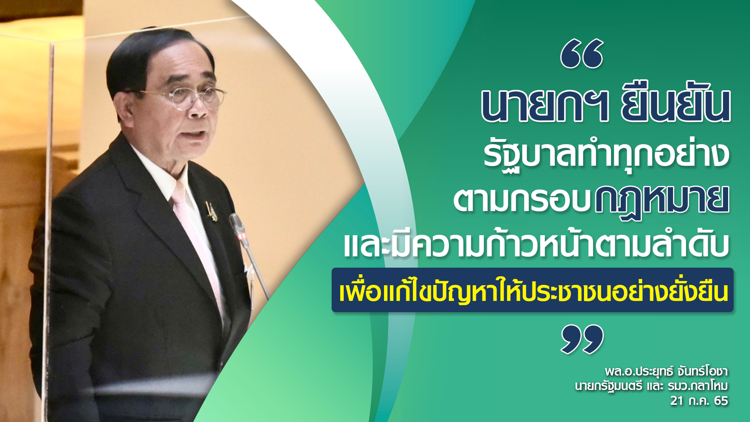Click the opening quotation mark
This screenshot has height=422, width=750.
click(582, 54)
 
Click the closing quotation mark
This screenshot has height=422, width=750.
click(582, 339)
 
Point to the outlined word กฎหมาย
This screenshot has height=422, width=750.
click(662, 200)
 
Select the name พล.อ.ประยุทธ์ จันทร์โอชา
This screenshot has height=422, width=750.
click(666, 370)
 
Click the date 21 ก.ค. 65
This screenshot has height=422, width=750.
click(699, 401)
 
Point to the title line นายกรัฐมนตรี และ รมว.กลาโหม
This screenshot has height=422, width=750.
click(652, 386)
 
